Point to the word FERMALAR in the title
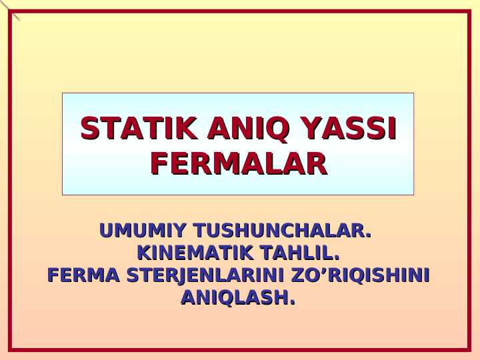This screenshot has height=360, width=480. (239, 163)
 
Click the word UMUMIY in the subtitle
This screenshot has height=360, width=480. (142, 231)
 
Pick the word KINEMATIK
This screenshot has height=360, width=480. (193, 253)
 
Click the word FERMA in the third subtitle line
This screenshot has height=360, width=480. (83, 275)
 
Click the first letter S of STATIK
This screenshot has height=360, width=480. (89, 128)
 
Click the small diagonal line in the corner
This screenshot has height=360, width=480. (10, 10)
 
